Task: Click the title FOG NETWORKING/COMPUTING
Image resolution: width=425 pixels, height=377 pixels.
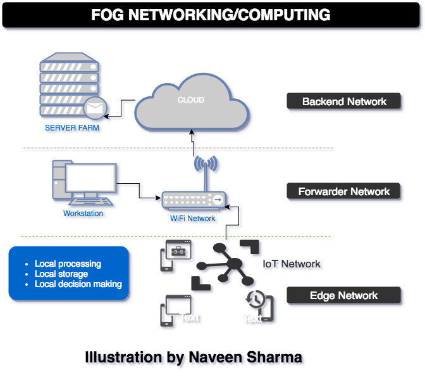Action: coord(211,15)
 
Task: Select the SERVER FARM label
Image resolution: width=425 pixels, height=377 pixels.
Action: coord(70,129)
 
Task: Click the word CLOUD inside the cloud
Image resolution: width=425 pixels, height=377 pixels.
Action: coord(190,100)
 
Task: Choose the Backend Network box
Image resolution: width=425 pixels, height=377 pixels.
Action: coord(344,101)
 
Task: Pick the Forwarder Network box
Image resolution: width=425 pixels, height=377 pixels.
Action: coord(344,191)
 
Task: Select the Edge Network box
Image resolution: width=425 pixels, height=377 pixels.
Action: coord(344,295)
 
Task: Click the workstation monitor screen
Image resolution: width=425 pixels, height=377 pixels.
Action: coord(92,179)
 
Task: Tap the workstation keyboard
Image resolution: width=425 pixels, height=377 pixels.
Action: coord(91,203)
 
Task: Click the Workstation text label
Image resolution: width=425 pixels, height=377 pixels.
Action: coord(84,214)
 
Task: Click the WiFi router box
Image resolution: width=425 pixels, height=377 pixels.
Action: coord(194,201)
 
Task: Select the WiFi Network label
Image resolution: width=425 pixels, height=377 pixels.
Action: coord(194,220)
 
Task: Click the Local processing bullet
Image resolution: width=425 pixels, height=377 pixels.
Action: coord(68,264)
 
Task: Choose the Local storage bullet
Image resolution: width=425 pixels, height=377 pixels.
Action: coord(61,274)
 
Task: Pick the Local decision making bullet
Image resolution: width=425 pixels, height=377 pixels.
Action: coord(78,284)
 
